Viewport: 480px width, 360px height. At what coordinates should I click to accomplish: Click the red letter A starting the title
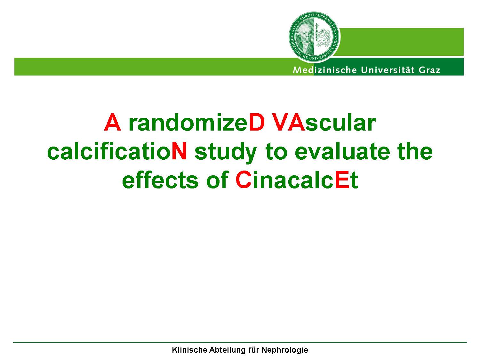click(x=112, y=122)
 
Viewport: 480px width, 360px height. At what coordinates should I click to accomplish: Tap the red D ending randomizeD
click(x=257, y=122)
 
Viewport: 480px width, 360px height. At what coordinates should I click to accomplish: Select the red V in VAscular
click(x=281, y=122)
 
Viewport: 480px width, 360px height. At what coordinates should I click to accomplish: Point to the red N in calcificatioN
click(x=179, y=151)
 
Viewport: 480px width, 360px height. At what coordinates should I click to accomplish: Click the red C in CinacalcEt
click(x=244, y=180)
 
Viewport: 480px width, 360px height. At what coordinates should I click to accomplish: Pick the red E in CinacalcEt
click(x=342, y=180)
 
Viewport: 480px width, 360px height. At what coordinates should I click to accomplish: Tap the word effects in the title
click(x=160, y=180)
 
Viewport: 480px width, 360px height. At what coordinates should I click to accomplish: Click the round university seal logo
click(x=314, y=37)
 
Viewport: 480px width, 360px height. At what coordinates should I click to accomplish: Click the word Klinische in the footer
click(x=189, y=350)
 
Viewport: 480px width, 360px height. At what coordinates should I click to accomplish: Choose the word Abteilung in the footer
click(x=228, y=350)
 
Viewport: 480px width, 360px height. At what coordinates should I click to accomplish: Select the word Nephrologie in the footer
click(x=285, y=350)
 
